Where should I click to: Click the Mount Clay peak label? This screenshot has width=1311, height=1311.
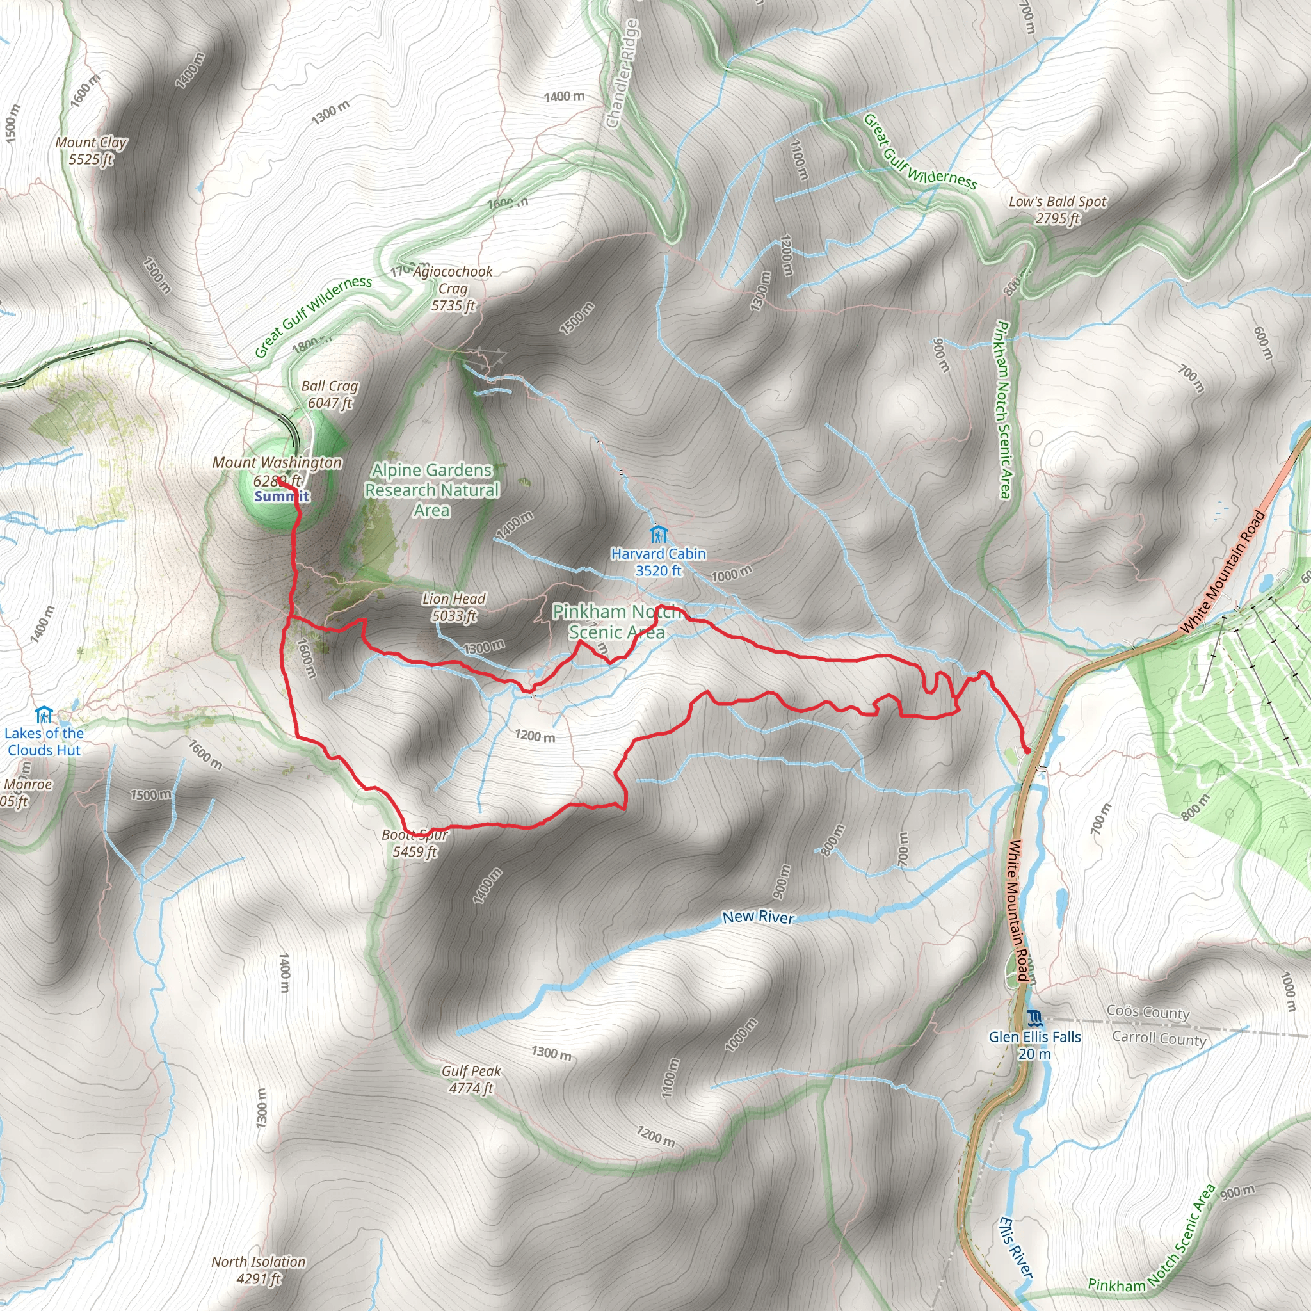pyautogui.click(x=91, y=150)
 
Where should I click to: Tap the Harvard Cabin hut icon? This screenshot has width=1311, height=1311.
pyautogui.click(x=657, y=533)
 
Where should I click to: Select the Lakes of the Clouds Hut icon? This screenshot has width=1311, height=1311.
pyautogui.click(x=44, y=714)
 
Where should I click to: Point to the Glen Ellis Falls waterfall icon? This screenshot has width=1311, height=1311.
pyautogui.click(x=1034, y=1018)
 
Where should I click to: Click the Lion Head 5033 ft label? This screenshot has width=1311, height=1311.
pyautogui.click(x=453, y=607)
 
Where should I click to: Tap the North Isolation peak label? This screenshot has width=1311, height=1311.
pyautogui.click(x=258, y=1269)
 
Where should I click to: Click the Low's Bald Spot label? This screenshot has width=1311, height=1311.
pyautogui.click(x=1058, y=210)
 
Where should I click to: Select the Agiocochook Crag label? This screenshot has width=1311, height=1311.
pyautogui.click(x=453, y=289)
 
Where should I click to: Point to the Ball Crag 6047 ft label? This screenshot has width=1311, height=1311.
pyautogui.click(x=330, y=394)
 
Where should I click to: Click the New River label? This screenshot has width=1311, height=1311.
pyautogui.click(x=757, y=917)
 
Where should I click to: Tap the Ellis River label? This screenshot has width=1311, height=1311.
pyautogui.click(x=1015, y=1248)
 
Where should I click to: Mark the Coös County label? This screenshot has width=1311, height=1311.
pyautogui.click(x=1148, y=1013)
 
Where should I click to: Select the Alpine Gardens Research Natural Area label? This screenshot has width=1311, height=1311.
pyautogui.click(x=431, y=489)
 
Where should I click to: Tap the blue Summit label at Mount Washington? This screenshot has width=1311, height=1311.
pyautogui.click(x=282, y=496)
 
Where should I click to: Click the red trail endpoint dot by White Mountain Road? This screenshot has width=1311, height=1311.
pyautogui.click(x=1026, y=750)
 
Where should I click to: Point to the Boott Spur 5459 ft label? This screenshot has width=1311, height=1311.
pyautogui.click(x=415, y=844)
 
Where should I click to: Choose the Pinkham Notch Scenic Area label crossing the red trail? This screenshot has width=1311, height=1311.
pyautogui.click(x=616, y=622)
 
